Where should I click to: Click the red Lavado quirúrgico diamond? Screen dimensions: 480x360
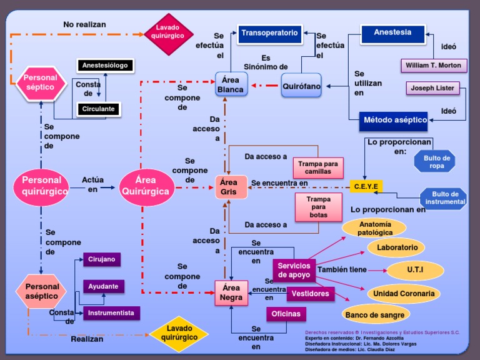tap(168, 34)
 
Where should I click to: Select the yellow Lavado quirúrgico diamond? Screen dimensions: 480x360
tap(179, 334)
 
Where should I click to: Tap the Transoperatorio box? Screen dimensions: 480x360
tap(270, 34)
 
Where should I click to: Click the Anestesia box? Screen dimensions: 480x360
tap(392, 34)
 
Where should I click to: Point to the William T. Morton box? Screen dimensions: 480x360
tap(434, 66)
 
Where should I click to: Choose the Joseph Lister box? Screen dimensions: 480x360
tap(432, 88)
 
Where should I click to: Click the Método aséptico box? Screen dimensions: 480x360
tap(394, 121)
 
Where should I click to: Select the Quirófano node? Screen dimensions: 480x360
tap(301, 86)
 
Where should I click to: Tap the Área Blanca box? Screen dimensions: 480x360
tap(231, 84)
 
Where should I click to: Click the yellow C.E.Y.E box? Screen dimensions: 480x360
tap(366, 186)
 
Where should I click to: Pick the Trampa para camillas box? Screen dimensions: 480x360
tap(318, 167)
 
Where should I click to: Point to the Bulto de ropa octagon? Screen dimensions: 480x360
tap(435, 161)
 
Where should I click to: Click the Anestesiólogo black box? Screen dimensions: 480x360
tap(105, 65)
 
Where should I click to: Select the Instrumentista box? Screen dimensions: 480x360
tap(111, 313)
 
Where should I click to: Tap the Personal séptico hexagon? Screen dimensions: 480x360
tap(41, 83)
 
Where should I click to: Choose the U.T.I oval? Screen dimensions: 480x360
tap(415, 270)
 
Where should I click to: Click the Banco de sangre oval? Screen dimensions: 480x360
tap(375, 315)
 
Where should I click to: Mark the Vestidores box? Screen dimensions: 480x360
tap(311, 294)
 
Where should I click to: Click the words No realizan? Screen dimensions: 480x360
tap(84, 24)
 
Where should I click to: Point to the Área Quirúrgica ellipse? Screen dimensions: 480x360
tap(146, 187)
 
